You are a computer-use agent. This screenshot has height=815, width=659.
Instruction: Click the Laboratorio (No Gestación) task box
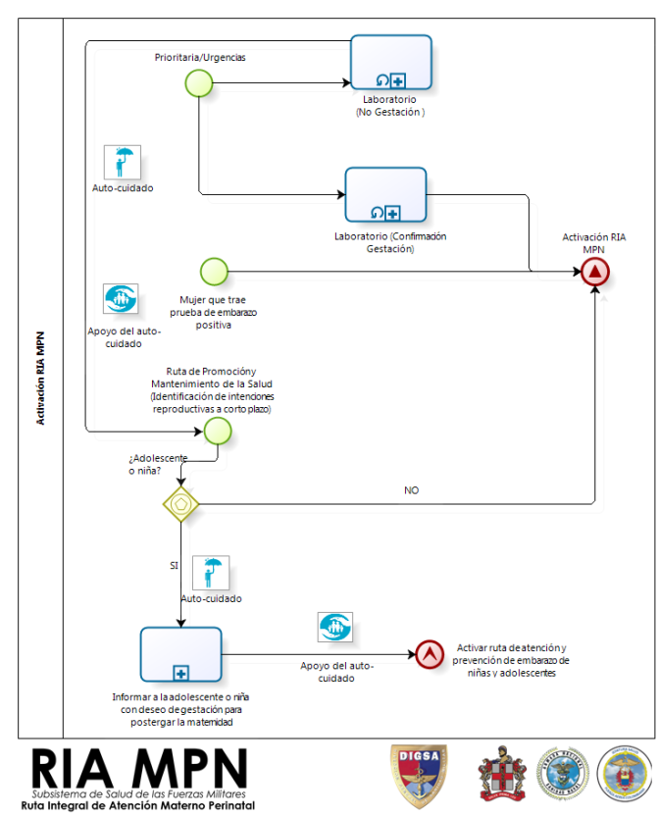(391, 63)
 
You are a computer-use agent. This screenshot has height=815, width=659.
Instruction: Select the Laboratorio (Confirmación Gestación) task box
(385, 195)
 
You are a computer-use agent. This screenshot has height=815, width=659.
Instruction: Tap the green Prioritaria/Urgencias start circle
(199, 83)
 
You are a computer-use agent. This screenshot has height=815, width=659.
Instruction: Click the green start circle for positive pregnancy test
(214, 272)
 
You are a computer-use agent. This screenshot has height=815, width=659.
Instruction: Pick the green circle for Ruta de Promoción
(218, 432)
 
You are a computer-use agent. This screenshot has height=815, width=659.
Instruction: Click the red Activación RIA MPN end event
(595, 272)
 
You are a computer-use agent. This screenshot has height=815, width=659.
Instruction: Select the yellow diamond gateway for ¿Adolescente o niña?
(180, 504)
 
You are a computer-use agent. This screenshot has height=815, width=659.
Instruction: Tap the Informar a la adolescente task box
(180, 654)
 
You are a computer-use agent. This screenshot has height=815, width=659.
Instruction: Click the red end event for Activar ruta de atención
(430, 654)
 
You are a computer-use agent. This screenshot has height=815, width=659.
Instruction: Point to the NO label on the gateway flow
(412, 490)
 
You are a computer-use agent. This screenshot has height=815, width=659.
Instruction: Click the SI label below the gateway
(175, 565)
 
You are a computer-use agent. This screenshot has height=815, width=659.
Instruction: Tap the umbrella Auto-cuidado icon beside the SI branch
(211, 573)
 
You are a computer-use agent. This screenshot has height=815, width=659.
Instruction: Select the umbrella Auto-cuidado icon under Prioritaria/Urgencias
(123, 162)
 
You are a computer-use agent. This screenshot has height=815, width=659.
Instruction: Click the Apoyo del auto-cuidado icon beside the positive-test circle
(121, 298)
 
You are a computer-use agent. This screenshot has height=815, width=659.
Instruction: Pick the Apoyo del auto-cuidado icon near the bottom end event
(335, 627)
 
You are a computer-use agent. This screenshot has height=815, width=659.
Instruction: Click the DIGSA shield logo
(419, 776)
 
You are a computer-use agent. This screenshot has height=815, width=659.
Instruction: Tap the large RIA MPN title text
(139, 769)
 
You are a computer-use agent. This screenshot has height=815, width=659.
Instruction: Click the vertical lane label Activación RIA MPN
(40, 379)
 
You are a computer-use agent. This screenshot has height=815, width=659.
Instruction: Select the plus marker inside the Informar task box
(180, 674)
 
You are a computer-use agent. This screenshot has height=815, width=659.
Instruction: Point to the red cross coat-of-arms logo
(502, 774)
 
